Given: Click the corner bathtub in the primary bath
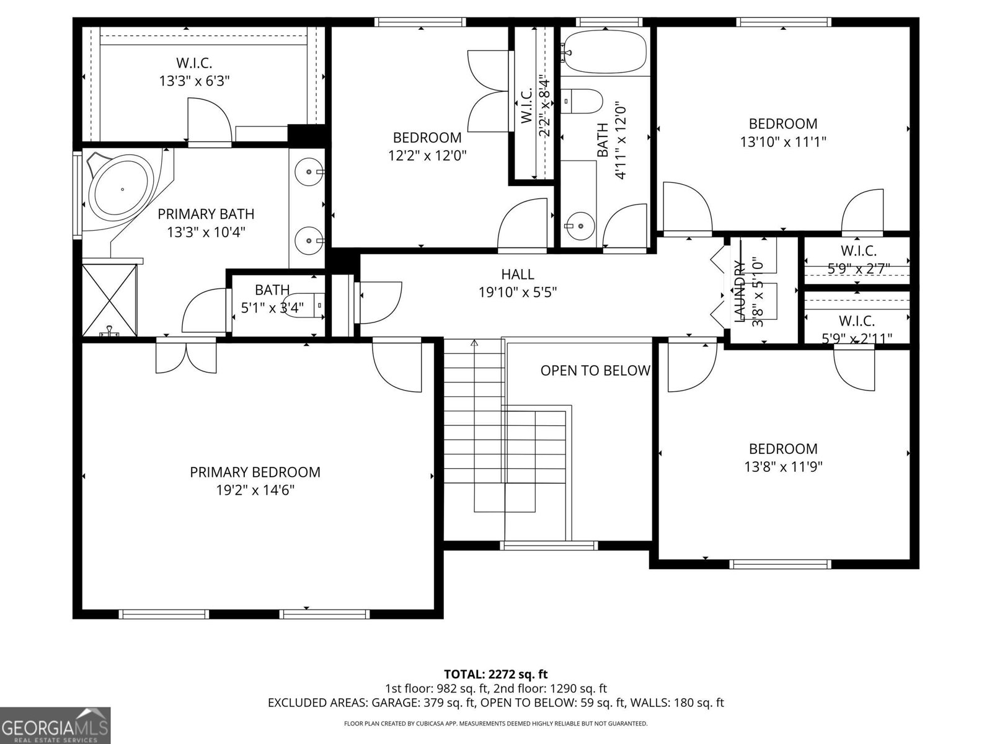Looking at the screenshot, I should [122, 189].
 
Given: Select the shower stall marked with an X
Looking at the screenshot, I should [109, 301].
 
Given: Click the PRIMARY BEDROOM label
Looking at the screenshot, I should [255, 472].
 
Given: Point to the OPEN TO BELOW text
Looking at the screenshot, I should [595, 371].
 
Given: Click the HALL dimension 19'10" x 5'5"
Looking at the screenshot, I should [517, 291].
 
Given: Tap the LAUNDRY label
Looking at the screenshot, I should [739, 291].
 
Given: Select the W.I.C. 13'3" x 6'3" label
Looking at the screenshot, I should [194, 72].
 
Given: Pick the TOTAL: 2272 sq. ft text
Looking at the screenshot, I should [495, 674].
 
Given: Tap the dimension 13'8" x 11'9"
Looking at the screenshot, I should [783, 466].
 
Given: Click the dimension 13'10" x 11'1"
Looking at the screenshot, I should [783, 141].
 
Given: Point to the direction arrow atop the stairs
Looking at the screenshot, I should [474, 343].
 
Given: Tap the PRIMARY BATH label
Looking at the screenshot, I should [206, 215].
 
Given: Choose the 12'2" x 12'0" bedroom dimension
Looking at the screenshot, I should [427, 155].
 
